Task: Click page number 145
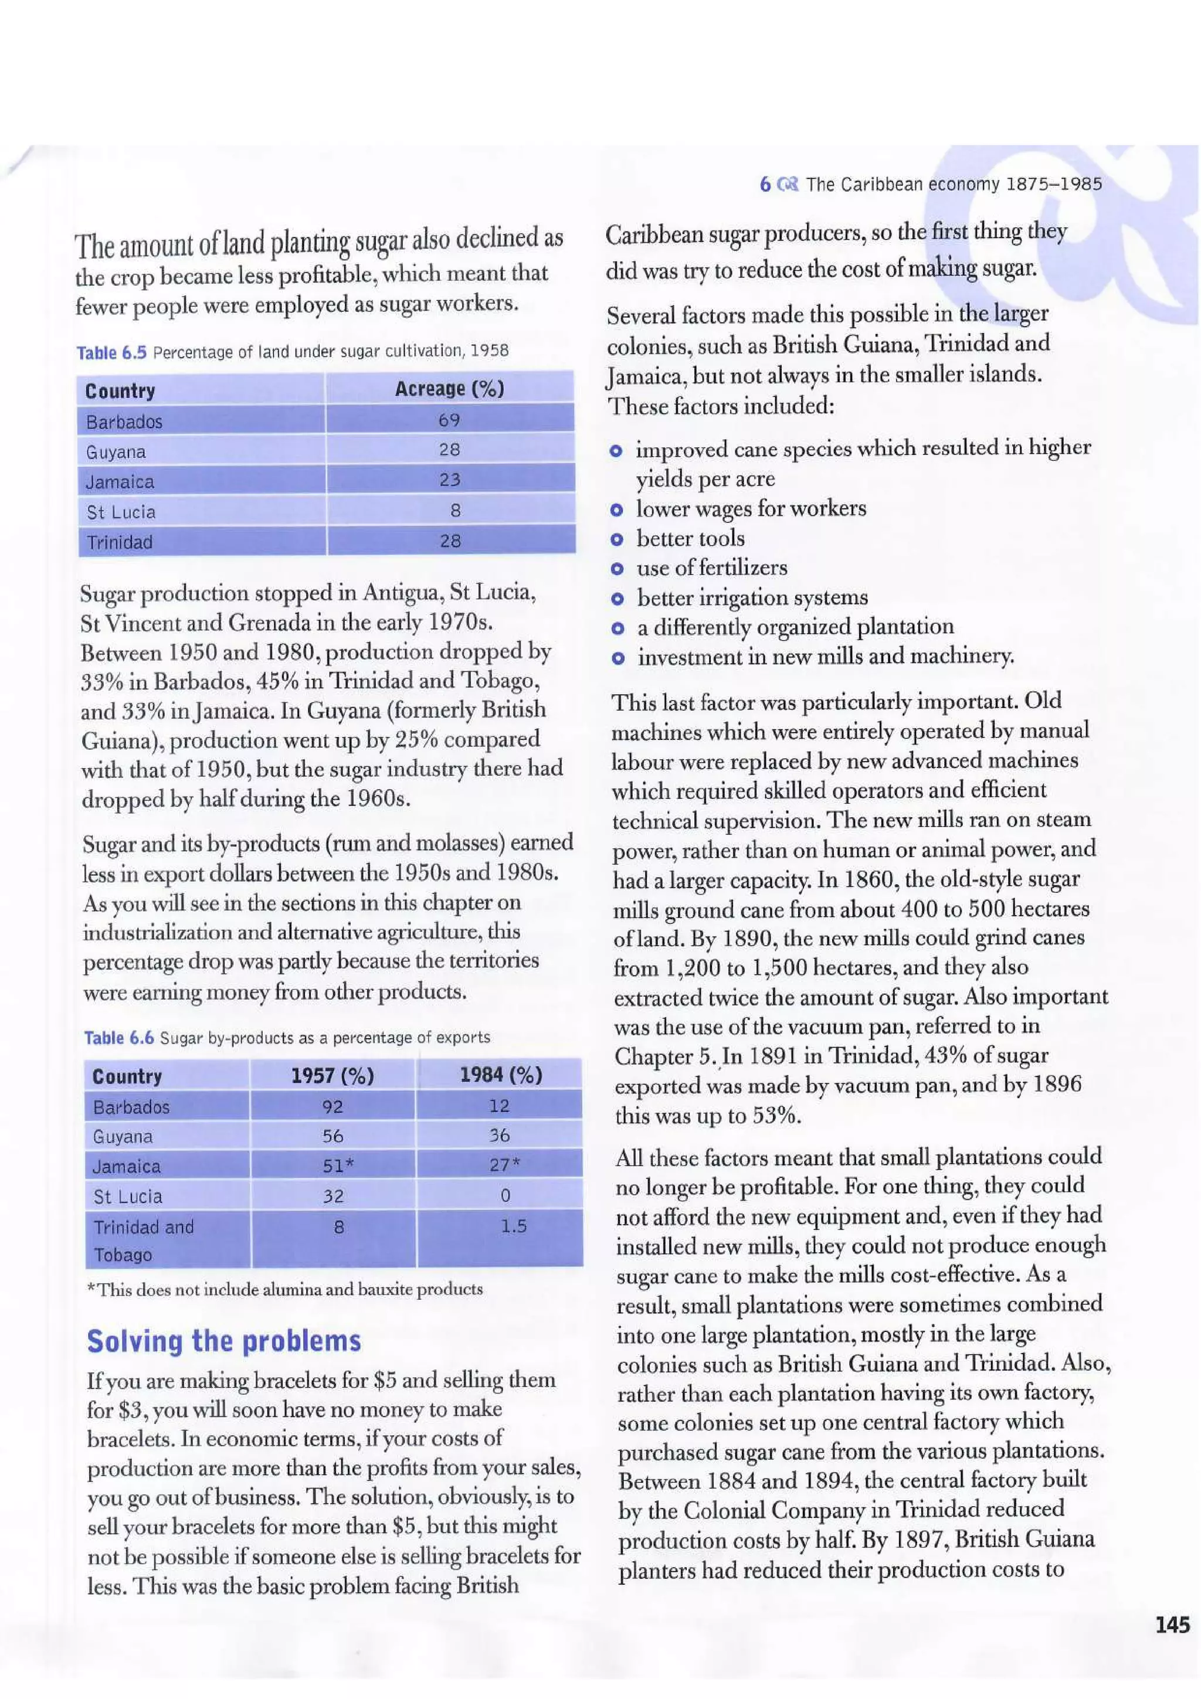(x=1172, y=1625)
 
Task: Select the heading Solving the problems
(x=223, y=1340)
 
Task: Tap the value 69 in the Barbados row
(x=449, y=420)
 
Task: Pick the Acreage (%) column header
(x=449, y=389)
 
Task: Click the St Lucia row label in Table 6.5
(x=121, y=512)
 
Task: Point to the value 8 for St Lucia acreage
(x=455, y=510)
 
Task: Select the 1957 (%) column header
(x=333, y=1075)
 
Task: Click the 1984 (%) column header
(x=500, y=1075)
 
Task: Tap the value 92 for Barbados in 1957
(x=333, y=1106)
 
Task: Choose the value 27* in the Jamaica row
(x=505, y=1165)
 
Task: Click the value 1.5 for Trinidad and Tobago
(x=513, y=1226)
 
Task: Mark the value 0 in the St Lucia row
(x=505, y=1195)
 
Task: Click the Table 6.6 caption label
(x=118, y=1038)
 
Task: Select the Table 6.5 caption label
(x=111, y=352)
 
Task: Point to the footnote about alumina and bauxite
(x=285, y=1289)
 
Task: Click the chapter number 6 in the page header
(x=765, y=184)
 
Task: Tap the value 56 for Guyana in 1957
(x=333, y=1136)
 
